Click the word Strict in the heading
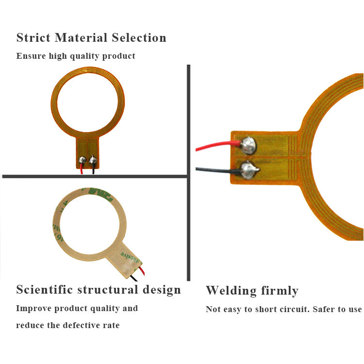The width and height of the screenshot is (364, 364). pos(33,38)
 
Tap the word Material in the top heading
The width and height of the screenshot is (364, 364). pos(81,38)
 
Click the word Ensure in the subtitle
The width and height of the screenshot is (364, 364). pos(31,56)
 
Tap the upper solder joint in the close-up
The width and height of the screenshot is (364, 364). pos(248,143)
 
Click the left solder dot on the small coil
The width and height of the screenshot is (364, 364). pos(83,160)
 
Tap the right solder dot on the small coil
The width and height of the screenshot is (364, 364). pos(93,159)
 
